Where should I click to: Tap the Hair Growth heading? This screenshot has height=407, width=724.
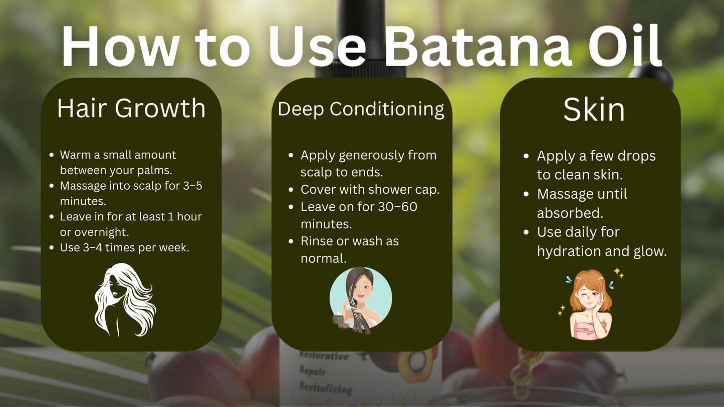(131, 108)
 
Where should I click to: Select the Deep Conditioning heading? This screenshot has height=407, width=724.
(361, 109)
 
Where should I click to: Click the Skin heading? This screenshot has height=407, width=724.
(594, 110)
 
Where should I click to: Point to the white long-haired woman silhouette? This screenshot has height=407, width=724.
(125, 299)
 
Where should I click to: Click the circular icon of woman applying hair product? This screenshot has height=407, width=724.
(360, 299)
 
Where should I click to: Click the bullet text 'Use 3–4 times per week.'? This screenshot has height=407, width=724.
(124, 247)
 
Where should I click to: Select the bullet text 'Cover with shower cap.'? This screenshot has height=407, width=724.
(370, 190)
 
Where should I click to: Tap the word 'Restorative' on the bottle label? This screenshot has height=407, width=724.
(324, 356)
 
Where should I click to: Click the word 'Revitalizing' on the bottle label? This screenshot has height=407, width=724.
(326, 387)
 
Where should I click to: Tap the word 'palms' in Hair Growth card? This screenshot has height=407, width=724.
(154, 170)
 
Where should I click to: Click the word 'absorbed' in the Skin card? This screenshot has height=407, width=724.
(569, 213)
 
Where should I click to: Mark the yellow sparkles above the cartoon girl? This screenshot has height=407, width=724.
(618, 272)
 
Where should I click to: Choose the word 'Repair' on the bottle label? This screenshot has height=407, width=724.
(313, 371)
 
